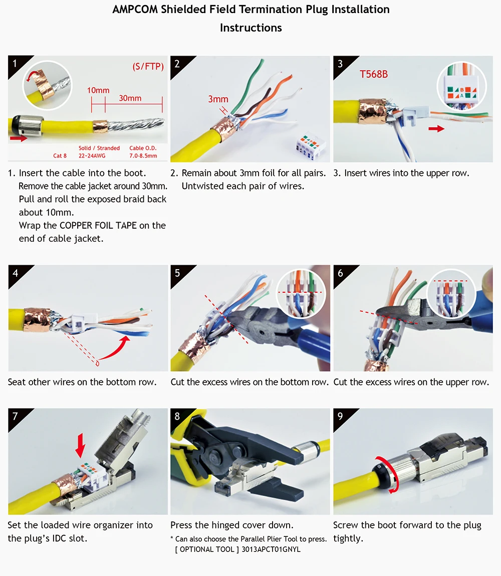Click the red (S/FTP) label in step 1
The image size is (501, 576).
click(148, 67)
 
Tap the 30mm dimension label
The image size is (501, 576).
click(130, 98)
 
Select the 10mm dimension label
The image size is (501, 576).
click(98, 90)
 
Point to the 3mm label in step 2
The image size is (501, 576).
click(218, 99)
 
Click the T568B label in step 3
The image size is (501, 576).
click(374, 74)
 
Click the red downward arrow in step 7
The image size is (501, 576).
click(80, 445)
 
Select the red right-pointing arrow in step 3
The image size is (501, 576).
click(436, 128)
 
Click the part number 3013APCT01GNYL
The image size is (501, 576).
click(271, 549)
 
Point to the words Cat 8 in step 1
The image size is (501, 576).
click(60, 155)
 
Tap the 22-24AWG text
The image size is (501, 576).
click(92, 156)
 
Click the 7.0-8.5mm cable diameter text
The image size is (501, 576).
click(143, 156)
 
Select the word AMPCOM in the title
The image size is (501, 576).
click(135, 9)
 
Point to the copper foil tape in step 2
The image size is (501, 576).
click(221, 129)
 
